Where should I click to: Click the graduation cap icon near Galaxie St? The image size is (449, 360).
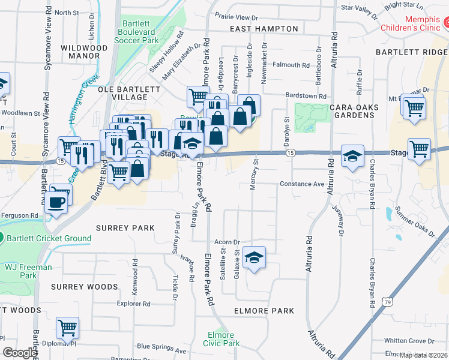[x=255, y=258]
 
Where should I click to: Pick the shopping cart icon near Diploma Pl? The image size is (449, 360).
[x=67, y=328]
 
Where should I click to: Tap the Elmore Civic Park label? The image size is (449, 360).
[x=223, y=339]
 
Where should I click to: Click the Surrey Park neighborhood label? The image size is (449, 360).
[x=125, y=229]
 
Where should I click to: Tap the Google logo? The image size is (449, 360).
[x=19, y=353]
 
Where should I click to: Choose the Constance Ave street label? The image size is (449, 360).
[x=302, y=184]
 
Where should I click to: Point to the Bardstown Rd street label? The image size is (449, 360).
[x=306, y=96]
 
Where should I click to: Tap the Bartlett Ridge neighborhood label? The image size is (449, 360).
[x=412, y=52]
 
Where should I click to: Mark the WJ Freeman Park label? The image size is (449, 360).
[x=28, y=271]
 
